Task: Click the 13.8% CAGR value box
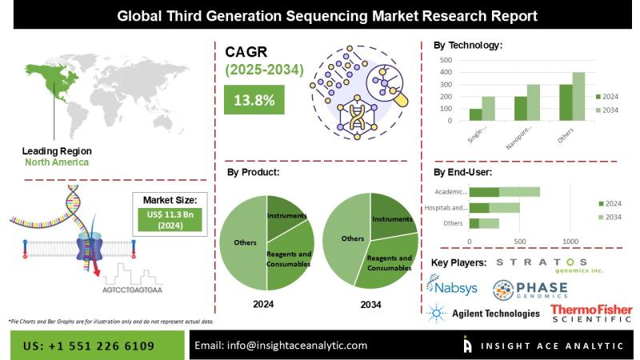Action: coord(254,101)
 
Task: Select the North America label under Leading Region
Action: coord(55,162)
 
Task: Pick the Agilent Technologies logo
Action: coord(485,314)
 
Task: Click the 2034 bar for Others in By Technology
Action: coord(578,97)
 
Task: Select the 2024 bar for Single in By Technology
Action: coord(475,114)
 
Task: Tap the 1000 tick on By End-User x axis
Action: coord(570,241)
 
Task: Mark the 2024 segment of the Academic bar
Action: coord(484,192)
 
